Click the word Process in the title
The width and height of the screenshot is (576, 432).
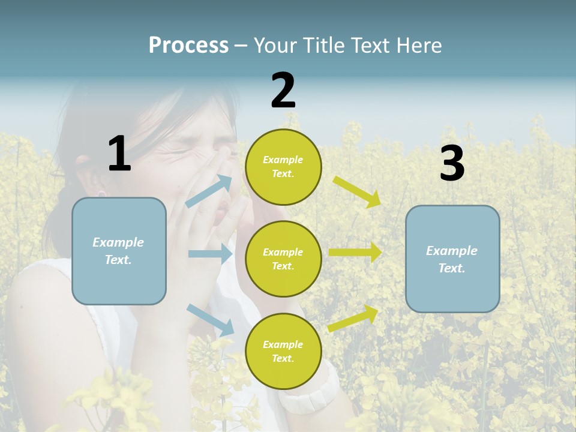188,46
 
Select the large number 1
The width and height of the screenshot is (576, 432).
119,154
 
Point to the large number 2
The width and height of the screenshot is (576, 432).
283,90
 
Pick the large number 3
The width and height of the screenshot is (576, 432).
452,164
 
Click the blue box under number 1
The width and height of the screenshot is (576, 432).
119,251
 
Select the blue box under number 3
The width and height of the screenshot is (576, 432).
452,259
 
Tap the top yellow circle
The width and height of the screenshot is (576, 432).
283,167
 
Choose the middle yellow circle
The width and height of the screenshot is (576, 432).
283,259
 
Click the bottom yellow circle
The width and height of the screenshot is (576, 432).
283,351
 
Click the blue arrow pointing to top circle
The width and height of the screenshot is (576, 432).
209,191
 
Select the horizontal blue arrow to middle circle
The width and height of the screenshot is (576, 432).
210,254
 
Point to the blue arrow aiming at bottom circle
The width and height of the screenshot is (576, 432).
210,319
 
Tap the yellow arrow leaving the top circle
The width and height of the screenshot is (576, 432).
357,191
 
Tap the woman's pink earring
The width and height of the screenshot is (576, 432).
101,194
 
